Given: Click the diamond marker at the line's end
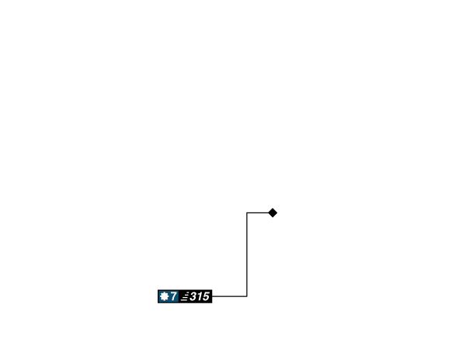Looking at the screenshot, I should coord(273,213).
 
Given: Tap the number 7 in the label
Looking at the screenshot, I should coord(174,296).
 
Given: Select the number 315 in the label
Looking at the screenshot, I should coord(200,296).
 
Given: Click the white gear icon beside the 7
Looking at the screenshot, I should coord(164,296).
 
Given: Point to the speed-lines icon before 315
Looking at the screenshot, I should coord(185,296).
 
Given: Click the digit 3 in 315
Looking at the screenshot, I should coord(193,296).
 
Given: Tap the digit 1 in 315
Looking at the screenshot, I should coord(200,296).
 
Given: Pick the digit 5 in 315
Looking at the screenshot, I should coord(205,296).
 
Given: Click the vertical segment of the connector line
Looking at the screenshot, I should coord(247,254).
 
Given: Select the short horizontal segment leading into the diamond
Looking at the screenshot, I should coord(257,213).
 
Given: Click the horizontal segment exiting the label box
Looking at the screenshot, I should coord(230,296).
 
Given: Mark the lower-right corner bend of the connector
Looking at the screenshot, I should coord(247,296).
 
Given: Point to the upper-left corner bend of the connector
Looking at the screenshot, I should coord(247,213).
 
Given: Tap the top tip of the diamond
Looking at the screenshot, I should coord(273,206).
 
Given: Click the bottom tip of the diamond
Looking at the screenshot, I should coord(273,219).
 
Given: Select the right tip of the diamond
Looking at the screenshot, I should coord(279,213).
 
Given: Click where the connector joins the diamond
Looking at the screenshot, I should coord(267,213).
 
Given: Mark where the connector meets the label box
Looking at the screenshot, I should coord(213,296).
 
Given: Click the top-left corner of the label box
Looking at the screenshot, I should coord(157,289).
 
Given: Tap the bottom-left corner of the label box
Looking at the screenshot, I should coord(157,303).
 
